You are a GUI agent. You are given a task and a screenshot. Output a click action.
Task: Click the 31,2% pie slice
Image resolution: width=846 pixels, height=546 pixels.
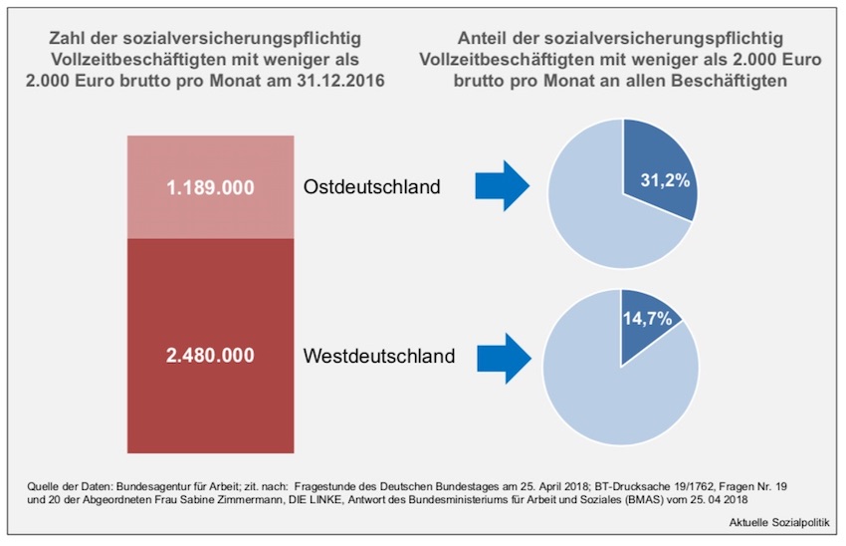(x=657, y=179)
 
